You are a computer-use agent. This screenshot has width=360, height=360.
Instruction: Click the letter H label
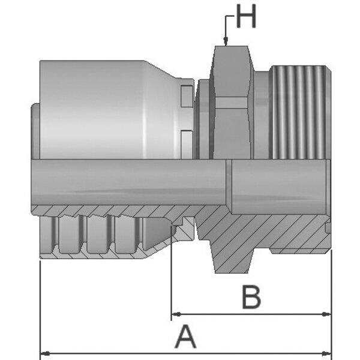246,17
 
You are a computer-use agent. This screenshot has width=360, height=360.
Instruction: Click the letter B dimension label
251,297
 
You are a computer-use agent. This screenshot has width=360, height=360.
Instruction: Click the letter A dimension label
185,337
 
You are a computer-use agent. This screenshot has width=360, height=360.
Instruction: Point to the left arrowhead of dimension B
176,314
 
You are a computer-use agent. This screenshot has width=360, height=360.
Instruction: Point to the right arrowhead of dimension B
326,314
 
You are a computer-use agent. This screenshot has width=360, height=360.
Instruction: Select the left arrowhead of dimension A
45,353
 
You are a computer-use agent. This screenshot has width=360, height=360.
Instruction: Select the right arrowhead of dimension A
326,353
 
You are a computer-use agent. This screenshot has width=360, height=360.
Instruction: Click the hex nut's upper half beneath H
232,71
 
